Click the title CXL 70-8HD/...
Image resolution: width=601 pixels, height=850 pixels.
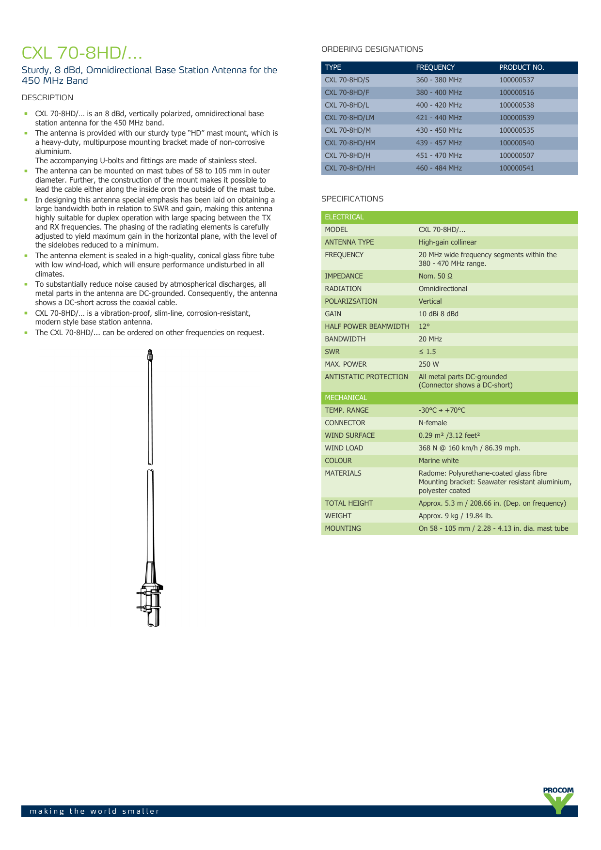[x=82, y=52]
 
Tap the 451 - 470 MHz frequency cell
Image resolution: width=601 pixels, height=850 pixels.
[x=439, y=155]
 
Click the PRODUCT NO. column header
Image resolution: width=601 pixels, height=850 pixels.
[x=522, y=67]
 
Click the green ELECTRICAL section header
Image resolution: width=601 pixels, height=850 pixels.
[x=344, y=217]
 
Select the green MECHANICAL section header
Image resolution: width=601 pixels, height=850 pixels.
[x=346, y=398]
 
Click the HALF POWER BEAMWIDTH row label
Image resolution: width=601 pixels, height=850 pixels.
[x=367, y=326]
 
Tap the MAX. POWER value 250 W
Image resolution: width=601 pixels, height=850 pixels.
[x=428, y=364]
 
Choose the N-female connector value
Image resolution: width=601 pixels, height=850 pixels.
[x=432, y=423]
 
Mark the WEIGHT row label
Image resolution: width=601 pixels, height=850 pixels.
[x=338, y=516]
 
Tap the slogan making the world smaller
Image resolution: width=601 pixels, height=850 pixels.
[x=95, y=811]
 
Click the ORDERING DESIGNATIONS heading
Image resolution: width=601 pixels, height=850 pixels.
[x=372, y=49]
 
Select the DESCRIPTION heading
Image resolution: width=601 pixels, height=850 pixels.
[x=47, y=97]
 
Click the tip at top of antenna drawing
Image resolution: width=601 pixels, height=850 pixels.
[x=150, y=355]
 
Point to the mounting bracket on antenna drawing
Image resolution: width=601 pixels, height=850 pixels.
[x=151, y=598]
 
